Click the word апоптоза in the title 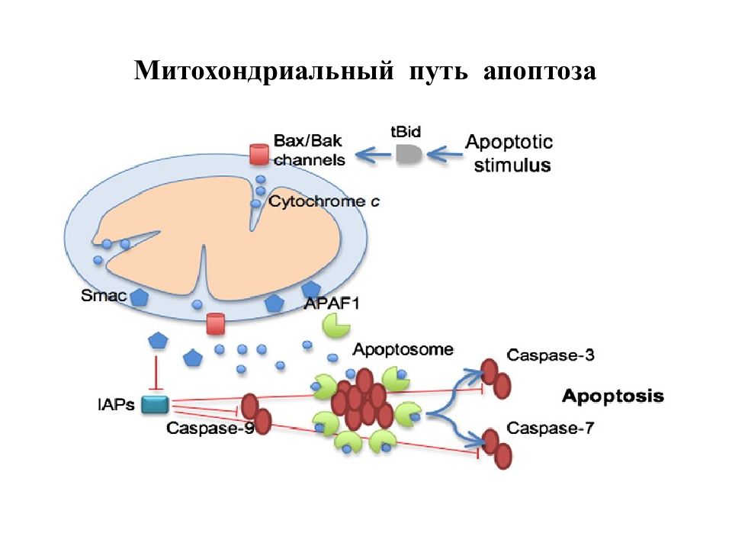pyautogui.click(x=540, y=72)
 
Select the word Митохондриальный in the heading pyautogui.click(x=264, y=72)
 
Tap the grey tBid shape pyautogui.click(x=409, y=154)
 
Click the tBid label pyautogui.click(x=405, y=132)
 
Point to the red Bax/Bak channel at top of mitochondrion pyautogui.click(x=258, y=155)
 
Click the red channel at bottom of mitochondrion pyautogui.click(x=215, y=324)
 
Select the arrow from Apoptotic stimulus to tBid pyautogui.click(x=445, y=154)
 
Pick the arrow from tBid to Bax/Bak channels pyautogui.click(x=374, y=155)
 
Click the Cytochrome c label pyautogui.click(x=324, y=201)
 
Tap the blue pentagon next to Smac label pyautogui.click(x=139, y=297)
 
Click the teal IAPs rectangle pyautogui.click(x=155, y=405)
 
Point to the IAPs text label pyautogui.click(x=116, y=404)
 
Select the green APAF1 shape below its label pyautogui.click(x=335, y=325)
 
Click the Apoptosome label pyautogui.click(x=403, y=349)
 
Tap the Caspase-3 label pyautogui.click(x=551, y=355)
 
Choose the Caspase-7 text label pyautogui.click(x=550, y=428)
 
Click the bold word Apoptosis pyautogui.click(x=613, y=396)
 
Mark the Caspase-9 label pyautogui.click(x=210, y=428)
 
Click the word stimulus pyautogui.click(x=512, y=165)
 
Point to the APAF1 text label pyautogui.click(x=332, y=304)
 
